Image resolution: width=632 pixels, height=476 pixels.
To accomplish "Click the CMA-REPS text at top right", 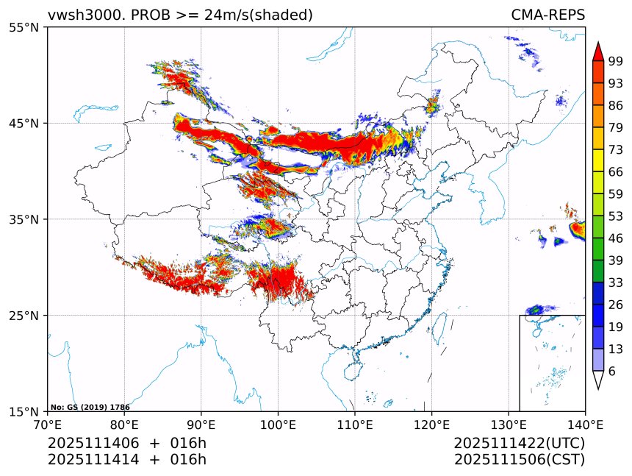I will pyautogui.click(x=547, y=15).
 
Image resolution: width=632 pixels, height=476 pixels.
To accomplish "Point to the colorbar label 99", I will pyautogui.click(x=615, y=61).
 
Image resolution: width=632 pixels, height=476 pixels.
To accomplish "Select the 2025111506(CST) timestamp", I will pyautogui.click(x=519, y=460).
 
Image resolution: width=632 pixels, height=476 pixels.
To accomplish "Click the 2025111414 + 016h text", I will pyautogui.click(x=126, y=460).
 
